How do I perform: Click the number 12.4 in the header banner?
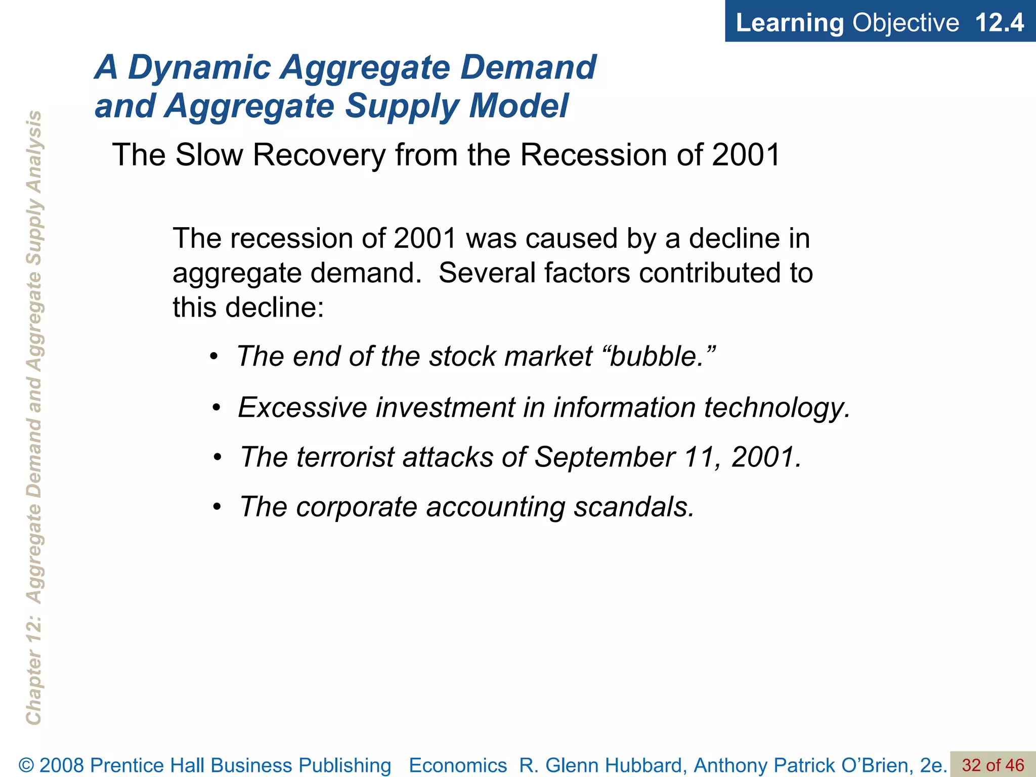coord(999,23)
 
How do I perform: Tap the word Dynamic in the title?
coord(199,67)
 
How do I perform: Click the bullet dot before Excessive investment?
coord(217,408)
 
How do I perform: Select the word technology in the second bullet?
coord(776,408)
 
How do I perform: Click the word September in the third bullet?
coord(605,457)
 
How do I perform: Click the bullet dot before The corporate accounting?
coord(217,507)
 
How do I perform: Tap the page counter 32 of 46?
coord(992,765)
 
